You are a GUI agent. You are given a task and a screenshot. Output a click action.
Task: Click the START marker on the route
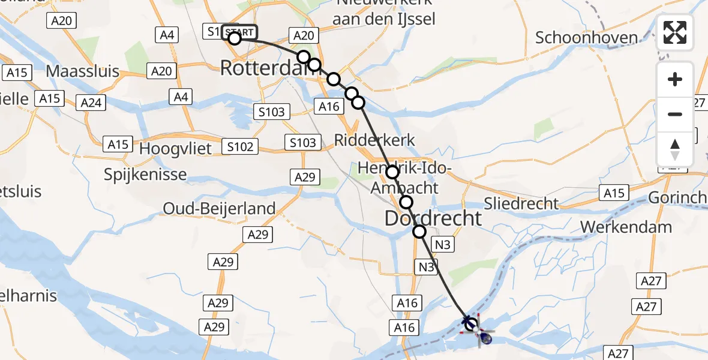point(240,32)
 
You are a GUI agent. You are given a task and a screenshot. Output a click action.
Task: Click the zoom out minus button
point(675,114)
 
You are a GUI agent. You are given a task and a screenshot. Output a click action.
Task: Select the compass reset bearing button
point(675,148)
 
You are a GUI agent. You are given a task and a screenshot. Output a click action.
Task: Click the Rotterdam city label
point(267,68)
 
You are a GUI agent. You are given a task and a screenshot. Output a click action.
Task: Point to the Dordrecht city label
point(433,218)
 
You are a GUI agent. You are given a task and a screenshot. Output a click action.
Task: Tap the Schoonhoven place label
point(586,38)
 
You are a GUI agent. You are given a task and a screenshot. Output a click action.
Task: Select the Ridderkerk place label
point(374,140)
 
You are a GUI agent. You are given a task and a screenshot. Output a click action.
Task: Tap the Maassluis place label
point(82,72)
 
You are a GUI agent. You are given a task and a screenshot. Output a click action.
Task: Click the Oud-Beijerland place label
point(219,209)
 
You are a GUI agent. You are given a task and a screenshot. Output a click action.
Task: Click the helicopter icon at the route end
point(485,338)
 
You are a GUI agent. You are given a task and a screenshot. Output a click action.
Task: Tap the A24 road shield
point(91,103)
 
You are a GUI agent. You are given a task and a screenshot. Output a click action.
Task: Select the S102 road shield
point(240,146)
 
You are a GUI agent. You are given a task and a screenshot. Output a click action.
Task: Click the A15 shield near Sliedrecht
point(613,193)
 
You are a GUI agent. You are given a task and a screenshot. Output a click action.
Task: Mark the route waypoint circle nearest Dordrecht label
point(406,202)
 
